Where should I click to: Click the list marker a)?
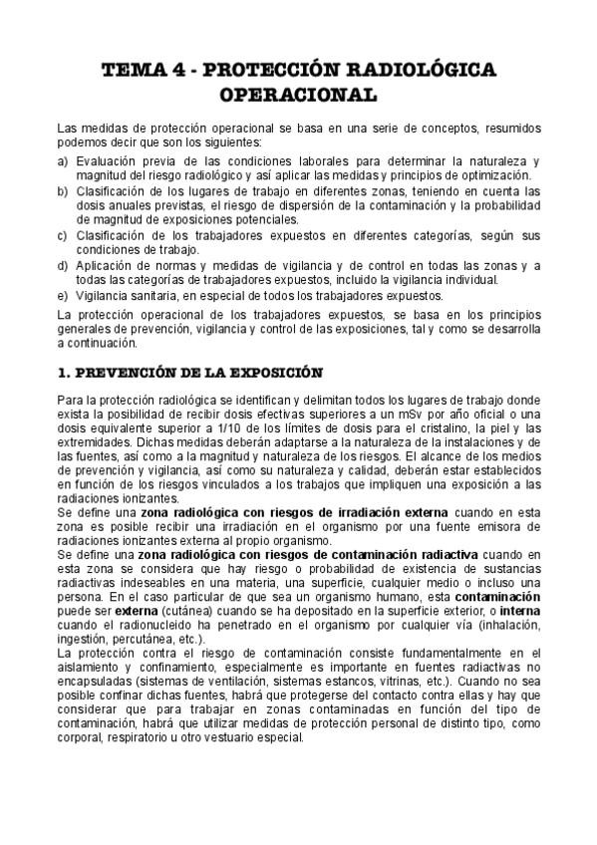[64, 160]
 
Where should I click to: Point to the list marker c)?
[64, 235]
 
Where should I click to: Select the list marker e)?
[64, 296]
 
